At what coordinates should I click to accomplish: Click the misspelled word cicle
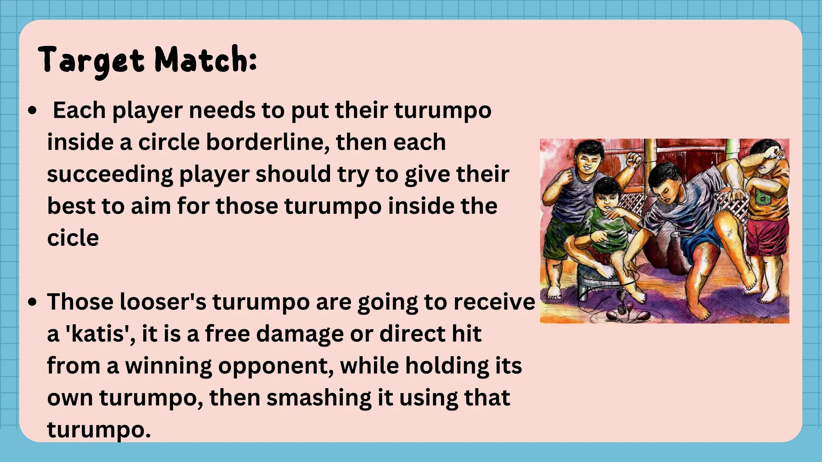tap(73, 238)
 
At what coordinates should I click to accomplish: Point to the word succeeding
tap(110, 174)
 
